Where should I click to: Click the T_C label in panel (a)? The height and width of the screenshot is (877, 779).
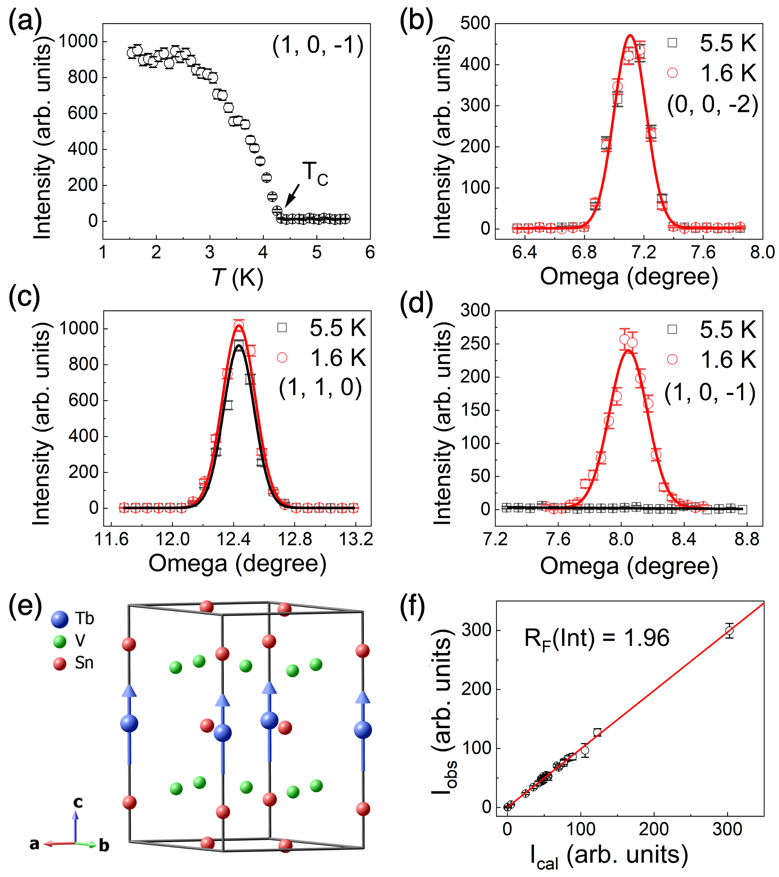[x=315, y=174]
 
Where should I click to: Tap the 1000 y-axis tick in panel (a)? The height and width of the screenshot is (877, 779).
[x=78, y=41]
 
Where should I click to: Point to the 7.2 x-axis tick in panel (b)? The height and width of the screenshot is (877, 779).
[x=643, y=252]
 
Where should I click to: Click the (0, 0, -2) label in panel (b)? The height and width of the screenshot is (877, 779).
[x=713, y=105]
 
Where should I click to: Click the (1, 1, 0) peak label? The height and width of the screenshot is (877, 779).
[x=320, y=388]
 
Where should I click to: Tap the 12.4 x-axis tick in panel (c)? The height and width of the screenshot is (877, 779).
[x=233, y=539]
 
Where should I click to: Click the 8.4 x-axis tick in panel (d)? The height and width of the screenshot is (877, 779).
[x=684, y=539]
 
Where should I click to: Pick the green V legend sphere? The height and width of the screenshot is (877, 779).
[x=59, y=641]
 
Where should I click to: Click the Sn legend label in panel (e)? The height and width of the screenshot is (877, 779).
[x=84, y=663]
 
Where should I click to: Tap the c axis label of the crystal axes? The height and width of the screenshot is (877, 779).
[x=78, y=802]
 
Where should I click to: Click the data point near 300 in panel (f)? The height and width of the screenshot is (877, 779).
[x=729, y=631]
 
